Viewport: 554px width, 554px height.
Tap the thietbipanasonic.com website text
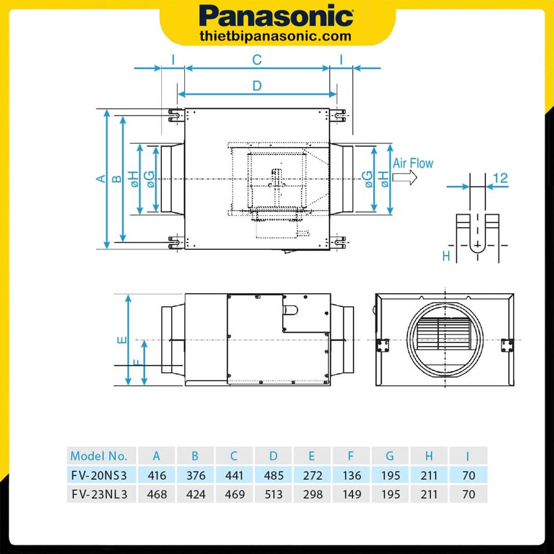click(276, 36)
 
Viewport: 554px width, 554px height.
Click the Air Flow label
click(413, 163)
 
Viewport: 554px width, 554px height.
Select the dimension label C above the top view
click(257, 60)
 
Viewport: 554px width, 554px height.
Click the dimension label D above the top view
click(257, 86)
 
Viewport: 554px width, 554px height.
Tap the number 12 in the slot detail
click(500, 178)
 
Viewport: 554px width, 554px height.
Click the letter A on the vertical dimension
click(101, 179)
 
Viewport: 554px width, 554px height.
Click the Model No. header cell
click(98, 456)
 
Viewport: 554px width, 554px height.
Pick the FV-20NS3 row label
click(99, 475)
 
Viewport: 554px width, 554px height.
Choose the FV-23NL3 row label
click(99, 494)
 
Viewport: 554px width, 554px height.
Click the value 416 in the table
click(157, 475)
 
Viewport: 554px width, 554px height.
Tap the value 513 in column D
click(273, 494)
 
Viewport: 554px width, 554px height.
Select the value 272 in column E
click(313, 475)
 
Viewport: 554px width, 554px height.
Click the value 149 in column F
click(351, 494)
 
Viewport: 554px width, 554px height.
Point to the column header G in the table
click(390, 456)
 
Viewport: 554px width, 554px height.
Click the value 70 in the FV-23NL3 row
click(468, 494)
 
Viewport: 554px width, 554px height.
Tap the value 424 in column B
click(196, 494)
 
